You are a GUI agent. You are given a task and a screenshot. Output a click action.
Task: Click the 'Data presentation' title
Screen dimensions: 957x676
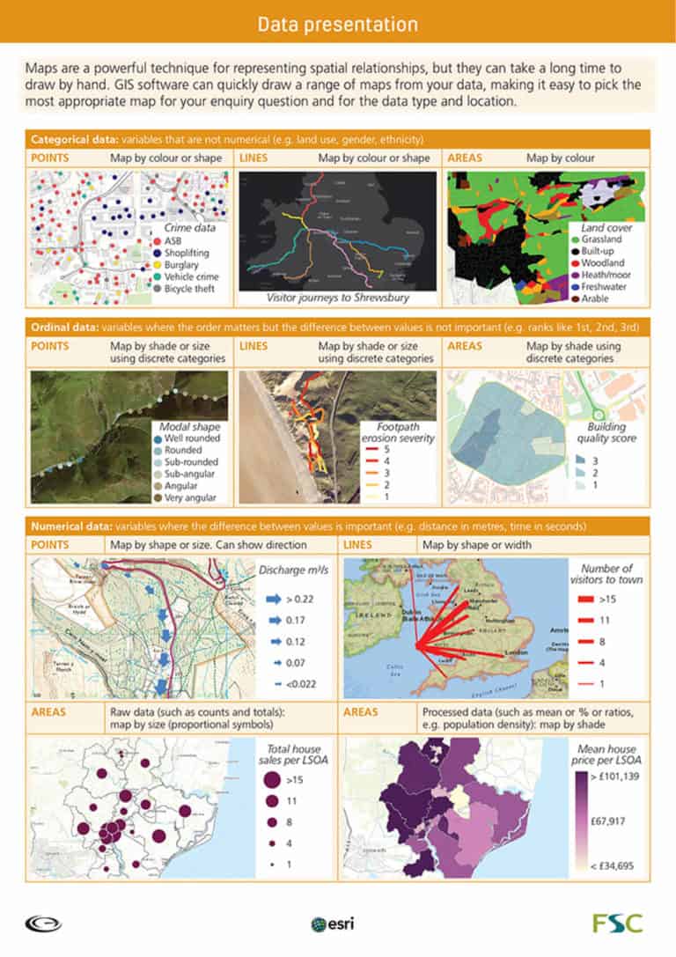click(338, 24)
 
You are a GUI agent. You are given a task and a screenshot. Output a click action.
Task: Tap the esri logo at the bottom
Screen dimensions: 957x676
click(332, 924)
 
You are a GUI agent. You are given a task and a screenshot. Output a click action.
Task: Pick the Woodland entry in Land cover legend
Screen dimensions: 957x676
click(602, 262)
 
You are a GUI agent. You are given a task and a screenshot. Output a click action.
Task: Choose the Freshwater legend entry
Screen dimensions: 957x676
click(605, 286)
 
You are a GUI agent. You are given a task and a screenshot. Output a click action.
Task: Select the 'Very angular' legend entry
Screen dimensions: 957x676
click(185, 497)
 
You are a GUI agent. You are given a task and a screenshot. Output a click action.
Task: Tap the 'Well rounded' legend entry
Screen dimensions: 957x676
click(186, 438)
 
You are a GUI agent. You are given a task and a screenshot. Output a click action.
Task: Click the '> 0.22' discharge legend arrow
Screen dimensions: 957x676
click(273, 599)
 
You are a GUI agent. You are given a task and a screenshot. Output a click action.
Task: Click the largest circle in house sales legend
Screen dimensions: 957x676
click(272, 779)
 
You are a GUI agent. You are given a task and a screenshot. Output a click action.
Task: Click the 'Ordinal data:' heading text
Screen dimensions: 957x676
click(63, 328)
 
